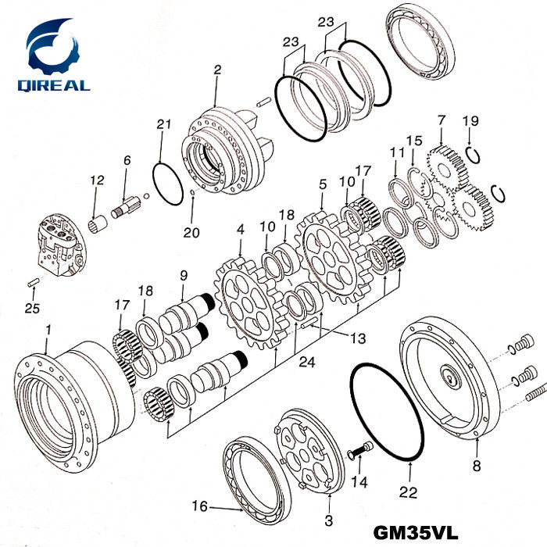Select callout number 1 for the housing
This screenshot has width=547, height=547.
point(48,331)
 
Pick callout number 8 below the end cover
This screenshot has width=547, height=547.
point(476,467)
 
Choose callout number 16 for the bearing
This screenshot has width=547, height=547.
point(200,506)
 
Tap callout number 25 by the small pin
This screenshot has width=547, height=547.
point(31,309)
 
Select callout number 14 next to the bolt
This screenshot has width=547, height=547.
point(359,482)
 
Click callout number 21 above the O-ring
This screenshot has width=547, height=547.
point(163,124)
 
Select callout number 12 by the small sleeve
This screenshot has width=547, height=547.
point(97,181)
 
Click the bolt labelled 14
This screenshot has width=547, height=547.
point(359,449)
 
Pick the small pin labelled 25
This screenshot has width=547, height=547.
point(34,282)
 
